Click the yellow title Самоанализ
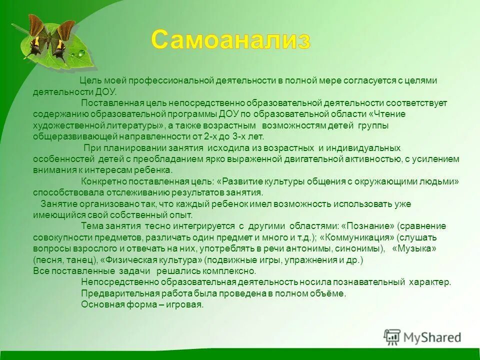click(230, 39)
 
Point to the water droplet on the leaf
click(80, 53)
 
